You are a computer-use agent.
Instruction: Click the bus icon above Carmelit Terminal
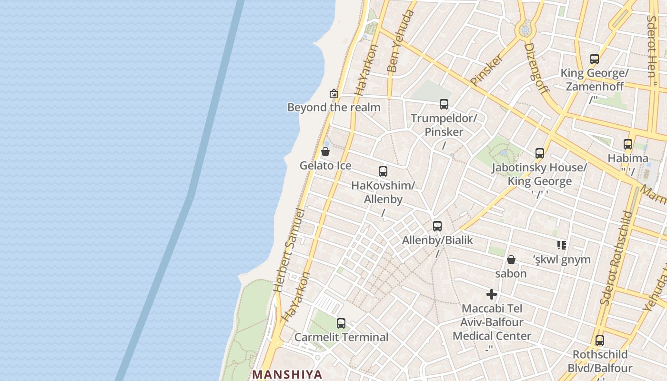pyautogui.click(x=341, y=323)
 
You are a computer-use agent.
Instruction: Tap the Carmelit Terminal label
pyautogui.click(x=341, y=337)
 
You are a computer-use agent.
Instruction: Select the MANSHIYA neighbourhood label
pyautogui.click(x=287, y=374)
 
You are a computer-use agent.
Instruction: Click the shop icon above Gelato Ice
pyautogui.click(x=325, y=151)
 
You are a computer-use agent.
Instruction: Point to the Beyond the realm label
pyautogui.click(x=333, y=107)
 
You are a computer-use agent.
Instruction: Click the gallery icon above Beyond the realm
pyautogui.click(x=333, y=93)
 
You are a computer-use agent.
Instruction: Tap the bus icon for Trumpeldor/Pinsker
pyautogui.click(x=444, y=104)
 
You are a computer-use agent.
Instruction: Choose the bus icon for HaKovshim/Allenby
pyautogui.click(x=383, y=171)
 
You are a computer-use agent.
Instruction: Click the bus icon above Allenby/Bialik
pyautogui.click(x=437, y=226)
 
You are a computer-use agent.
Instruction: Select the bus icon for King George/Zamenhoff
pyautogui.click(x=595, y=59)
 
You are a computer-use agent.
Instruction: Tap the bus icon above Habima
pyautogui.click(x=628, y=144)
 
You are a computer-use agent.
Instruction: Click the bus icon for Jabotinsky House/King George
pyautogui.click(x=540, y=153)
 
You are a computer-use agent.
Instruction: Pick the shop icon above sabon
pyautogui.click(x=511, y=260)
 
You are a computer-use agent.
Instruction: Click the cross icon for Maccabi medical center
pyautogui.click(x=492, y=294)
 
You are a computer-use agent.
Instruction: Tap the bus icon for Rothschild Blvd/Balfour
pyautogui.click(x=600, y=341)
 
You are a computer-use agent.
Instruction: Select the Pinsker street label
pyautogui.click(x=486, y=70)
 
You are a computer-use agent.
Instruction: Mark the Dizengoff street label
pyautogui.click(x=536, y=68)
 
